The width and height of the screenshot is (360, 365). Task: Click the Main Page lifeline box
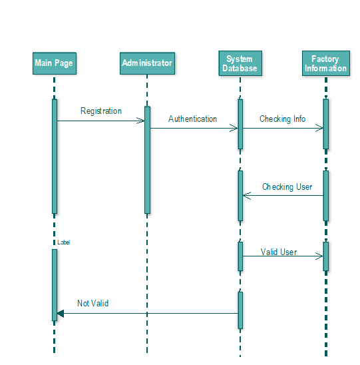click(54, 63)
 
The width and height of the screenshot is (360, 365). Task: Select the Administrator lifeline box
click(147, 63)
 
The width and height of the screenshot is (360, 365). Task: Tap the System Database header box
click(240, 63)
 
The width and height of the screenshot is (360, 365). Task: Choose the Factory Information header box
click(325, 63)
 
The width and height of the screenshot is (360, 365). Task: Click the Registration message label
click(101, 111)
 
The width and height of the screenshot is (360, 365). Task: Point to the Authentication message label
click(192, 119)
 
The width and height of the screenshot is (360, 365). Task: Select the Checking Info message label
click(283, 119)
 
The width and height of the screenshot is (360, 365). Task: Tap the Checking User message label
click(287, 187)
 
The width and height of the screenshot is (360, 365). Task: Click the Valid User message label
click(279, 252)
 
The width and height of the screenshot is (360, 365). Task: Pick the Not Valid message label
click(92, 304)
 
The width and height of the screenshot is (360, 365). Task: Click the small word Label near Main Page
click(63, 243)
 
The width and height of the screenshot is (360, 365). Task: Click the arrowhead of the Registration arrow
click(141, 121)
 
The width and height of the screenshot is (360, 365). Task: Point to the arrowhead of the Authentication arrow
click(234, 129)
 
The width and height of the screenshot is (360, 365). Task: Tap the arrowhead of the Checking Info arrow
click(319, 129)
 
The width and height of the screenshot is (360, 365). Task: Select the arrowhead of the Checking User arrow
click(247, 196)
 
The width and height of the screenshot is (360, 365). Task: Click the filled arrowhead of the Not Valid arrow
click(60, 313)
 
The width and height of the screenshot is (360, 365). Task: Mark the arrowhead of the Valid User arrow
click(319, 255)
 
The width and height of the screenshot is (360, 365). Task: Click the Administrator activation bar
click(147, 160)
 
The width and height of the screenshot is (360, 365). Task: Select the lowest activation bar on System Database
click(240, 310)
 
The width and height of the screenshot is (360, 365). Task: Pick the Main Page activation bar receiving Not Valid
click(55, 285)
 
